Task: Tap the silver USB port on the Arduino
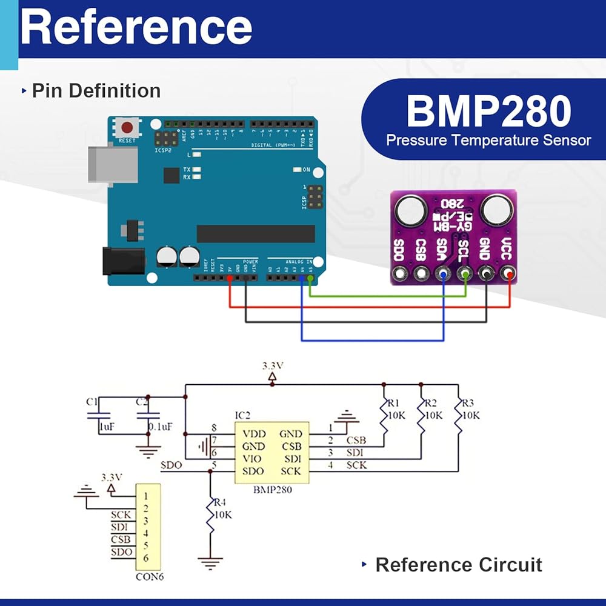pyautogui.click(x=100, y=163)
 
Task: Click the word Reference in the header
pyautogui.click(x=136, y=27)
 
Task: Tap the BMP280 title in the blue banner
pyautogui.click(x=488, y=112)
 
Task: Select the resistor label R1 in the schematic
pyautogui.click(x=394, y=402)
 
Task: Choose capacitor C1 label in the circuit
pyautogui.click(x=92, y=401)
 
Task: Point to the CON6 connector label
pyautogui.click(x=149, y=577)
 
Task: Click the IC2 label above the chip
pyautogui.click(x=242, y=415)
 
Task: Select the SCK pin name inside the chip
pyautogui.click(x=291, y=471)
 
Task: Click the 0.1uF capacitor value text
pyautogui.click(x=161, y=427)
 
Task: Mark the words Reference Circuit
pyautogui.click(x=458, y=565)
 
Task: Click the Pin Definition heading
pyautogui.click(x=96, y=91)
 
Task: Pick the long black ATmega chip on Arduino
pyautogui.click(x=256, y=233)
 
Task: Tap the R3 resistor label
pyautogui.click(x=468, y=402)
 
